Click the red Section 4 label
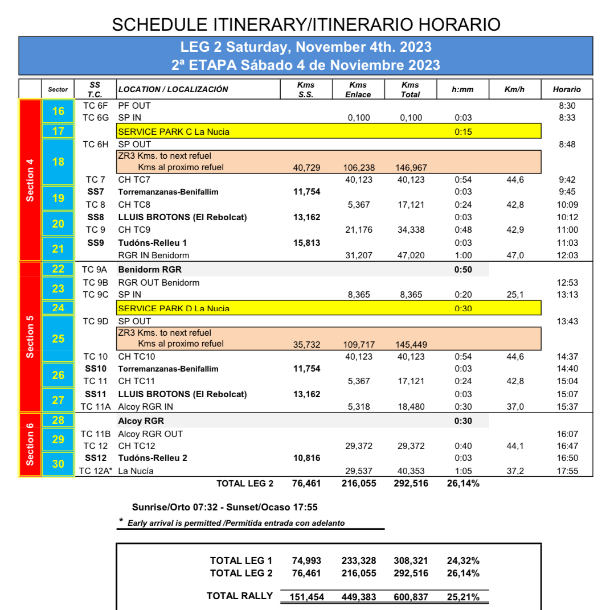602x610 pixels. click(30, 180)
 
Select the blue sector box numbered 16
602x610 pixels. click(58, 111)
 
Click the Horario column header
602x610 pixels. click(566, 89)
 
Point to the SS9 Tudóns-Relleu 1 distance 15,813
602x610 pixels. click(306, 243)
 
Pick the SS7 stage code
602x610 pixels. click(95, 192)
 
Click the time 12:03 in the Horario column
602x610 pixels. click(567, 255)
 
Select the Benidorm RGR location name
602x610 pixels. click(150, 269)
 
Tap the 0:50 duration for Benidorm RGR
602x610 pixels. click(462, 269)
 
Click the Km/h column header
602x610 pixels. click(514, 89)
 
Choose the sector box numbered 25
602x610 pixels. click(58, 339)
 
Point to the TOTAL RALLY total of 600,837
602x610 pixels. click(411, 596)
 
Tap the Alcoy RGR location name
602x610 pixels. click(141, 421)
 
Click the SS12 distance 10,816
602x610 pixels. click(306, 458)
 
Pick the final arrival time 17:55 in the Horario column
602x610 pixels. click(567, 471)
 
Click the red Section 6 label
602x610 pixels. click(30, 444)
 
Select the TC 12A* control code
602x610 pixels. click(95, 471)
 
